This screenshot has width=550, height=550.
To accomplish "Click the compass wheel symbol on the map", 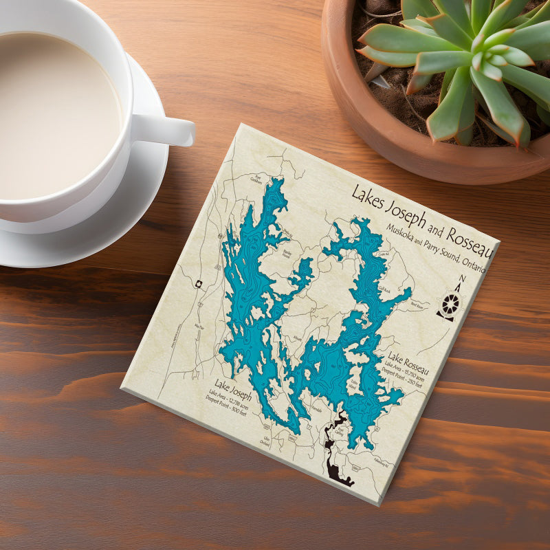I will (x=450, y=303).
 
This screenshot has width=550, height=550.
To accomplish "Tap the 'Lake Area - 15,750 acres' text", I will (x=408, y=369).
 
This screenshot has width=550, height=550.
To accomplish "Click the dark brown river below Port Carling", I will (x=335, y=467).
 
